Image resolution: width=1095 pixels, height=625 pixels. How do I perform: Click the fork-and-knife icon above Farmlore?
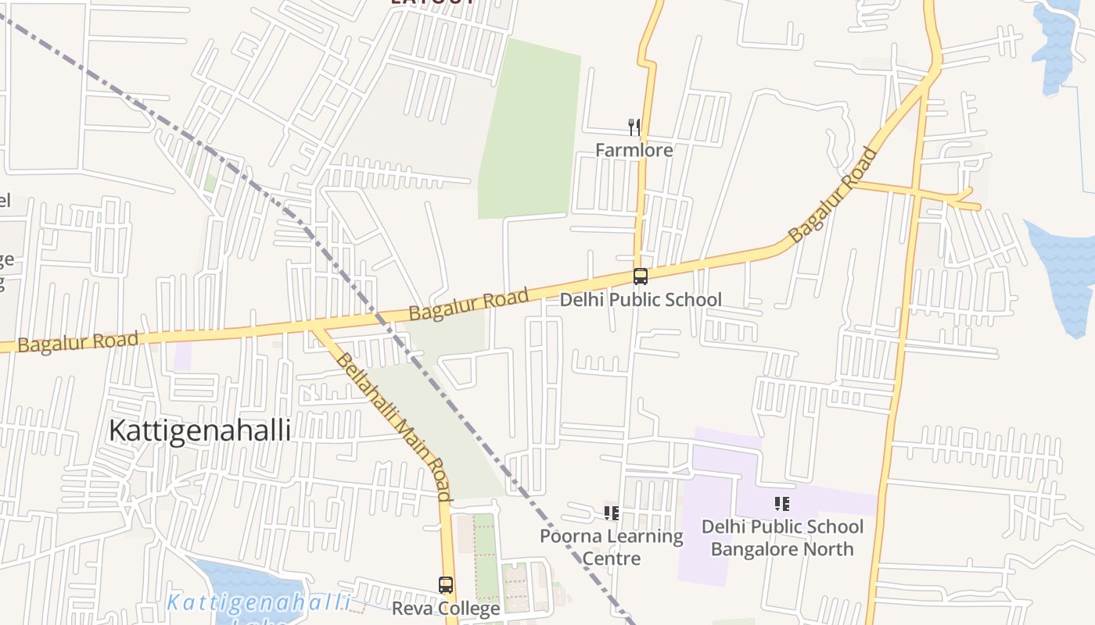[x=634, y=127]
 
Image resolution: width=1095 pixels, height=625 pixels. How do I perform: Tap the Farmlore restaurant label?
[x=634, y=150]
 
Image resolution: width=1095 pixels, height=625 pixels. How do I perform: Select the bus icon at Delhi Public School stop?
[x=641, y=276]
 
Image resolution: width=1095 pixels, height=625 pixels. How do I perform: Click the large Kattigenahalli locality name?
[x=199, y=430]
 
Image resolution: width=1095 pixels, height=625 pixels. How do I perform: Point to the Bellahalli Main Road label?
[x=393, y=426]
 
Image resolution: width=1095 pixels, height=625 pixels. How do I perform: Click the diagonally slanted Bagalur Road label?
[x=831, y=195]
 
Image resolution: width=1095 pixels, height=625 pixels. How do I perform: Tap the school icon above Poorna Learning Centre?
[x=612, y=513]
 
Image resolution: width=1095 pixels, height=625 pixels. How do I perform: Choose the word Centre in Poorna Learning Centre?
[x=612, y=559]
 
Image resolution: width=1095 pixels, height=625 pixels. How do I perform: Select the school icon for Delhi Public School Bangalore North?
[x=782, y=504]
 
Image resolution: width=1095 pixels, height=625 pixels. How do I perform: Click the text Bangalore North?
[x=782, y=549]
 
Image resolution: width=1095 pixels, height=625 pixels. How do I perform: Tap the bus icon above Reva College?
[x=446, y=585]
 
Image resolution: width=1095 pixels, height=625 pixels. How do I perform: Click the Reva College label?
[x=446, y=609]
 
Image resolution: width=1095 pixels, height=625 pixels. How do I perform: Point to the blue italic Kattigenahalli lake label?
[x=259, y=602]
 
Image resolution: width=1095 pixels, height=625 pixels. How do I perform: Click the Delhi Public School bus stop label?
[x=641, y=299]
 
